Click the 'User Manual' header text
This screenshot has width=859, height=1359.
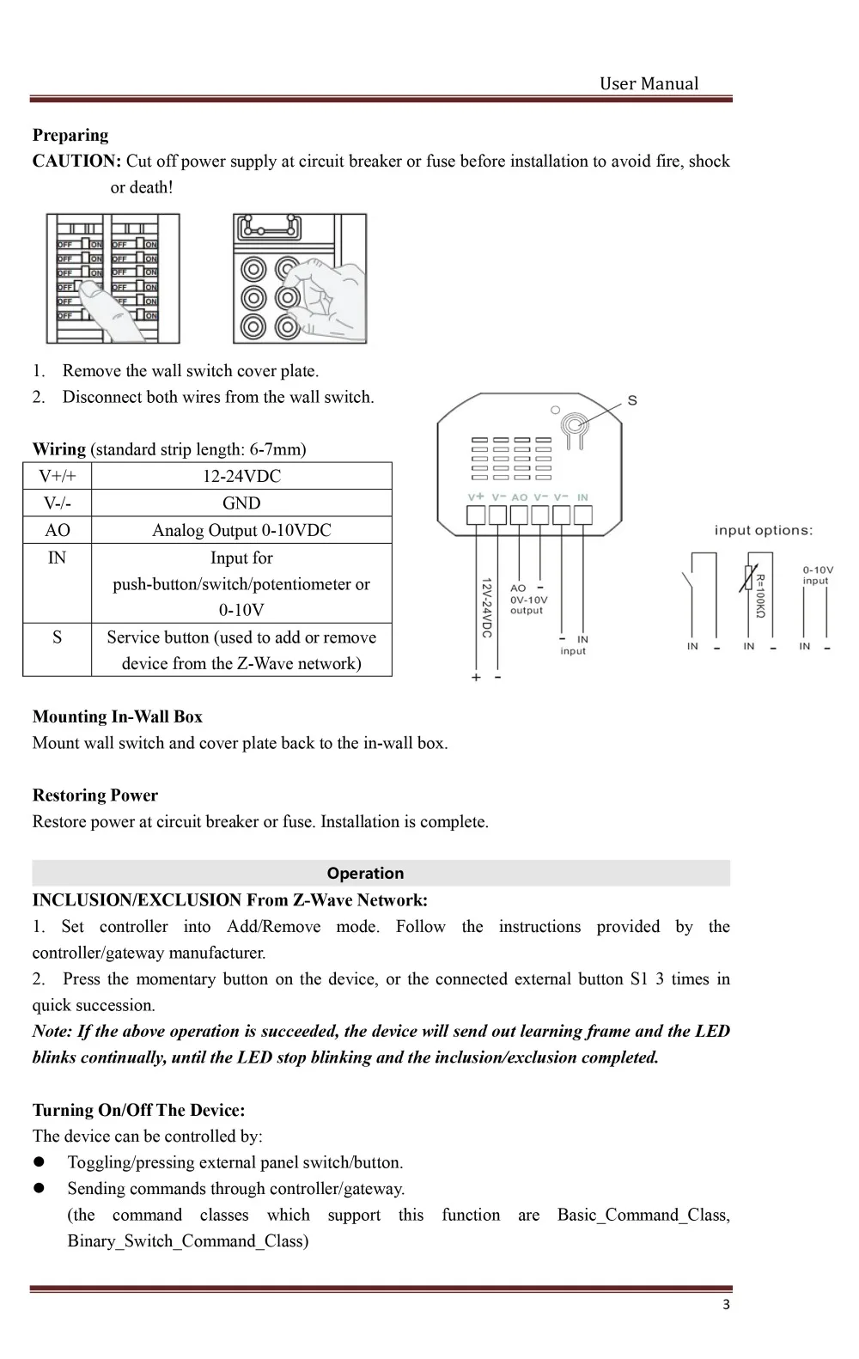coord(649,83)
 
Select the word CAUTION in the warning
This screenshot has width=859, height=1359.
coord(76,161)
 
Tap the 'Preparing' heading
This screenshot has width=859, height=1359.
coord(70,135)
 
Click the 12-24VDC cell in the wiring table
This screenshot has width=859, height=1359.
coord(241,477)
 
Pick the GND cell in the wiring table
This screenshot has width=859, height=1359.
coord(241,503)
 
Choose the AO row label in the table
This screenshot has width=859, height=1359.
coord(58,530)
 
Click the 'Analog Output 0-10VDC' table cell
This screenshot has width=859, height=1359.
coord(241,530)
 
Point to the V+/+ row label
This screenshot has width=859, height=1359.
coord(58,477)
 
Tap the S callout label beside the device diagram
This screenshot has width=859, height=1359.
coord(632,400)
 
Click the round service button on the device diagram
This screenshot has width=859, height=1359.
coord(574,424)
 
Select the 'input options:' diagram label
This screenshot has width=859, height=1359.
coord(763,530)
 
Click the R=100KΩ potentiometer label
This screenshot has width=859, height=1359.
coord(760,595)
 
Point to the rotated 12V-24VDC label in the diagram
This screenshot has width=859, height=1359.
coord(486,607)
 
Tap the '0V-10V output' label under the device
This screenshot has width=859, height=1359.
coord(527,605)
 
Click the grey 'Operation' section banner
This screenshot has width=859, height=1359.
coord(365,874)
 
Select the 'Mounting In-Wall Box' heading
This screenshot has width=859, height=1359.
coord(118,716)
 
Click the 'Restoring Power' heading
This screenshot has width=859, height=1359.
coord(95,795)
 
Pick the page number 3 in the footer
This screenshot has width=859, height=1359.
coord(726,1304)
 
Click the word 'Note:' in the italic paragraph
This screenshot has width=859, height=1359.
coord(52,1031)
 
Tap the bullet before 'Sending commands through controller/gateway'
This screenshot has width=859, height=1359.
coord(39,1188)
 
